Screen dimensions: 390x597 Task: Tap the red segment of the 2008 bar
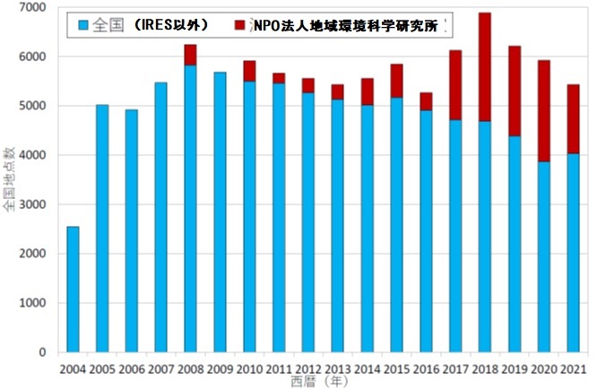click(190, 55)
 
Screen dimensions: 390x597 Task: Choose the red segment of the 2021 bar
click(573, 119)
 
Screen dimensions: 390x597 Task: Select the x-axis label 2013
click(337, 368)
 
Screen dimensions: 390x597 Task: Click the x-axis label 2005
click(102, 368)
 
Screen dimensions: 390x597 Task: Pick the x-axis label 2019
click(514, 368)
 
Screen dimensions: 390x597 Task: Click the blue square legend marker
click(84, 24)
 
